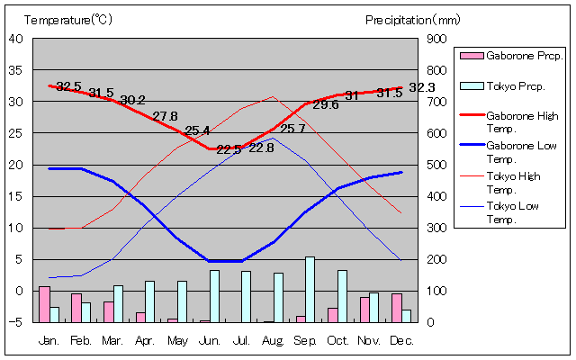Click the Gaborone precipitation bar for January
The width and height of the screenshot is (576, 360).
point(44,304)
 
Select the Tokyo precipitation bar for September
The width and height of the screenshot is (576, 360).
point(310,289)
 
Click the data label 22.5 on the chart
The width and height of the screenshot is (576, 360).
point(229,149)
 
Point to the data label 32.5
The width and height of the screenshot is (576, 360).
point(68,86)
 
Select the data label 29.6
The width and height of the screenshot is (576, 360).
point(326,104)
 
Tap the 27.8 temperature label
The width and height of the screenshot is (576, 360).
point(165,116)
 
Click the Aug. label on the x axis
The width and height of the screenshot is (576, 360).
point(274,341)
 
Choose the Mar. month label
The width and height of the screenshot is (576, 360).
point(112,341)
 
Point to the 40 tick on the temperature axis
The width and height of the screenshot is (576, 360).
point(17,39)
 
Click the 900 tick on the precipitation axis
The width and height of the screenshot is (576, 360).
point(436,39)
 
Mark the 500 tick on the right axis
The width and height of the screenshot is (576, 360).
point(436,165)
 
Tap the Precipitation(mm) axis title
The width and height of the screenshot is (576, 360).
point(412,19)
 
